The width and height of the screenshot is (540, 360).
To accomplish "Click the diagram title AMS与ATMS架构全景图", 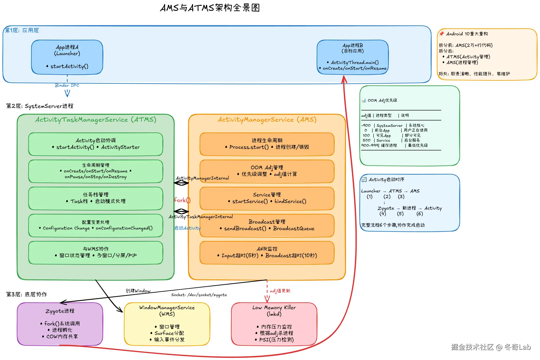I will [x=210, y=8].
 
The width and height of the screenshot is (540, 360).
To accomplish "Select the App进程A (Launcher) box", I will [x=67, y=57].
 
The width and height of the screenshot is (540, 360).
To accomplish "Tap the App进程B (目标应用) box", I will [x=353, y=57].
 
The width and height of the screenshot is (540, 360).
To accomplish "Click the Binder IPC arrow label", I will [x=67, y=85].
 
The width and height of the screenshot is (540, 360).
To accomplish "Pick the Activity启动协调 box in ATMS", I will [x=96, y=144].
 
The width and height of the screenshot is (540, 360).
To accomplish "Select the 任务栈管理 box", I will [x=96, y=198].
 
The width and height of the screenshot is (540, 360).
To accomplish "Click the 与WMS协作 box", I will [x=96, y=252].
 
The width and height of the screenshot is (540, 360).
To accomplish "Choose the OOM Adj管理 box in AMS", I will [x=267, y=171].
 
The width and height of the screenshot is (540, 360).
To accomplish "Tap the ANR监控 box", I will [x=267, y=252].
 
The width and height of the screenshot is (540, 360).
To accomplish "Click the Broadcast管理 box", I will [x=267, y=225].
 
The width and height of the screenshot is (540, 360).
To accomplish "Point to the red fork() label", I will [x=182, y=200].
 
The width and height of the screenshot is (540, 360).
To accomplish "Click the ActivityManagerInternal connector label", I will [x=202, y=178].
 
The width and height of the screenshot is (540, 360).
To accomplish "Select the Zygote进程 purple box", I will [x=60, y=324].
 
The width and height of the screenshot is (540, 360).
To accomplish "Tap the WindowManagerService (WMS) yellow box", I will [x=167, y=324].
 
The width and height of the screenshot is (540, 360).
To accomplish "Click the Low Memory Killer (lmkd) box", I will [x=274, y=324].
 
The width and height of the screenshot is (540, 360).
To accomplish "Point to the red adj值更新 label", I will [x=280, y=291].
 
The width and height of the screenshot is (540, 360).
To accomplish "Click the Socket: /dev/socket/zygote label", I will [x=199, y=295].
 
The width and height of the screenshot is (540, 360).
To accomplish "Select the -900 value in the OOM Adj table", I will [x=366, y=125].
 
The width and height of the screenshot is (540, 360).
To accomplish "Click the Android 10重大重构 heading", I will [x=467, y=34].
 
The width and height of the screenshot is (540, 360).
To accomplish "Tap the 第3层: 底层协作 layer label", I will [x=27, y=294].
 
